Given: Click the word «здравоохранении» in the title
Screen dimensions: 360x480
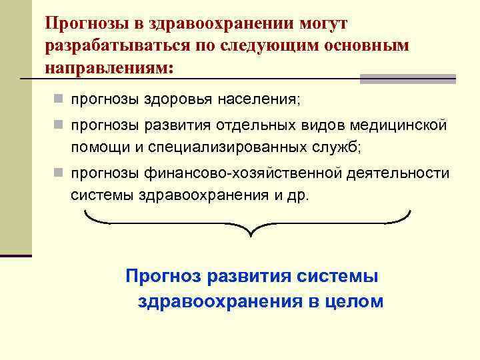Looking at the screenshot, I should pos(207,24).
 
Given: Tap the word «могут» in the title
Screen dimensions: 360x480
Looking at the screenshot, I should pos(319,24).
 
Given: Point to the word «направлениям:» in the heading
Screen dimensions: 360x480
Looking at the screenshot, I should pos(109,68).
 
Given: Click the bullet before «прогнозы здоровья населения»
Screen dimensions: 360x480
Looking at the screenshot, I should pos(59,99).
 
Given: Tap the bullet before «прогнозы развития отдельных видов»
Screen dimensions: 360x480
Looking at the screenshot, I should pos(59,125).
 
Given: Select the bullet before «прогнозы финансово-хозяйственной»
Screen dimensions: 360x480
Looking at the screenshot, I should pos(59,173).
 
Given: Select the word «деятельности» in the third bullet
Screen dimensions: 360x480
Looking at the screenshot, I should pos(399,173).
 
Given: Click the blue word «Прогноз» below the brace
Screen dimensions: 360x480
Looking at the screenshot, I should pos(163,276).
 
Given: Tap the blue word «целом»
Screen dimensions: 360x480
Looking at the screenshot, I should pos(355,301).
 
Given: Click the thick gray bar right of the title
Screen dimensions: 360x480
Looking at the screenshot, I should pos(408,79).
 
